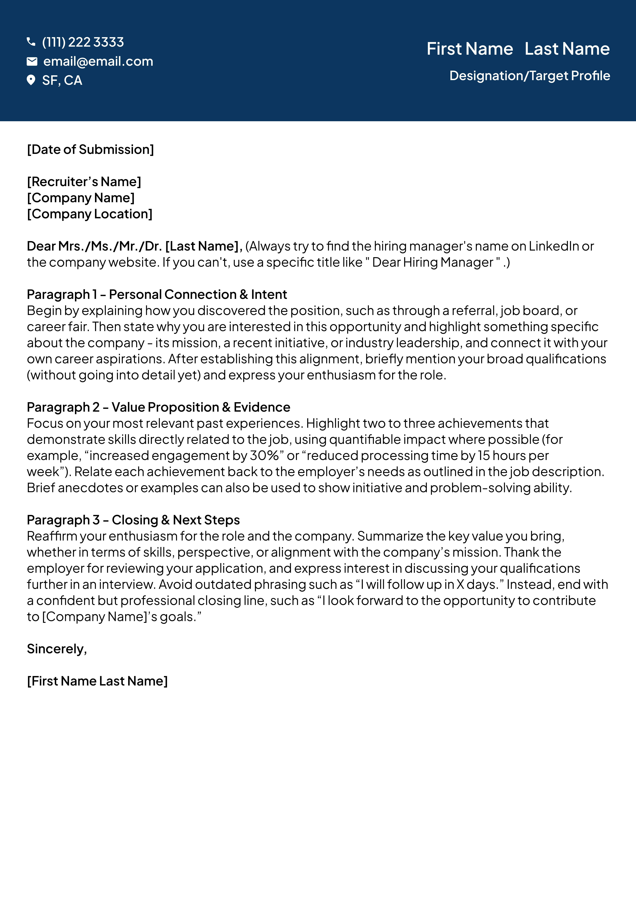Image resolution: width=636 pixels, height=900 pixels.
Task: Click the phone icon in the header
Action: [x=31, y=42]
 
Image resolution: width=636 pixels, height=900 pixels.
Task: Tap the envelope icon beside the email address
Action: [x=32, y=61]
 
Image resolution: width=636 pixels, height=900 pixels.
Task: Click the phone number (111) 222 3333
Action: [x=83, y=42]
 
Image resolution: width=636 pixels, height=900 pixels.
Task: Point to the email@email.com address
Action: [x=98, y=61]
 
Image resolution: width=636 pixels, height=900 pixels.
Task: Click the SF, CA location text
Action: [x=62, y=80]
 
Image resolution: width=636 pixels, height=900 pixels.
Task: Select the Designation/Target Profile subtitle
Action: [x=529, y=76]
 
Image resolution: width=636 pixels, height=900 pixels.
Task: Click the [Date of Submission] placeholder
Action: [x=90, y=149]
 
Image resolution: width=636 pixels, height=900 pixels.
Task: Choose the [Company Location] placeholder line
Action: [x=89, y=214]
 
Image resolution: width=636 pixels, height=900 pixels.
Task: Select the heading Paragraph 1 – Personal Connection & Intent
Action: [x=157, y=294]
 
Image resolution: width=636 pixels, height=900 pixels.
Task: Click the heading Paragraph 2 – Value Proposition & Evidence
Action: [x=158, y=407]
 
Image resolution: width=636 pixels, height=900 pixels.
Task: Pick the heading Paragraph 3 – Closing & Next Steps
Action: [x=133, y=520]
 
